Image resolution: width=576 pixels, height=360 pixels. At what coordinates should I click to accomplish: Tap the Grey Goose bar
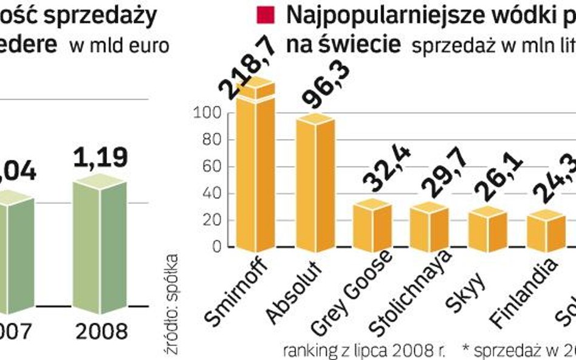372,226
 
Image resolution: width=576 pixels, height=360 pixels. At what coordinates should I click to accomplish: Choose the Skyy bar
488,229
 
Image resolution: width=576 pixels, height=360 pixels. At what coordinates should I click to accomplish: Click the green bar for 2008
99,243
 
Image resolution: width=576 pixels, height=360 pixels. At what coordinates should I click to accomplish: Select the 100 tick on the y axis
205,113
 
